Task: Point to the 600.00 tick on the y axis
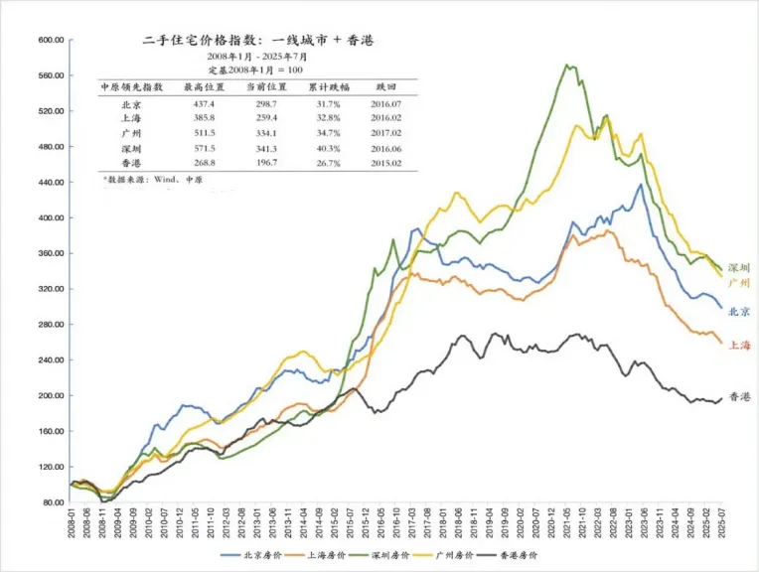click(51, 40)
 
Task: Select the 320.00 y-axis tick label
click(51, 289)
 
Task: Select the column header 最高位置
click(201, 87)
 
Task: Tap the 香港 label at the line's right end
click(740, 397)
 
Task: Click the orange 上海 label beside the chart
click(740, 345)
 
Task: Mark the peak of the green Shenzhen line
click(567, 66)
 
